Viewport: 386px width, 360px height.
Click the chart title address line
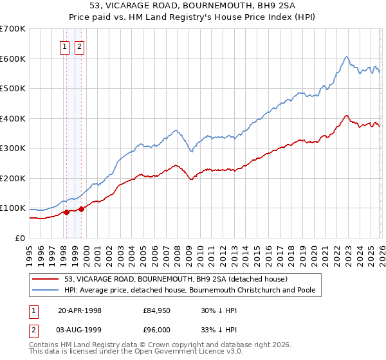[x=193, y=6]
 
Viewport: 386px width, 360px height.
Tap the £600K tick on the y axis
[x=13, y=59]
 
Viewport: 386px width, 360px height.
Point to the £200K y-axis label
[x=13, y=178]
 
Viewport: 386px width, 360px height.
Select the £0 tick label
[x=21, y=238]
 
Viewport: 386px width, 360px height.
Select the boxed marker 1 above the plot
[x=66, y=46]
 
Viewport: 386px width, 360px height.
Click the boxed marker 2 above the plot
[x=80, y=46]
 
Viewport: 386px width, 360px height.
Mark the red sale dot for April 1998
[x=66, y=213]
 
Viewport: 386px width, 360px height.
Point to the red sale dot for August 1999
[x=81, y=209]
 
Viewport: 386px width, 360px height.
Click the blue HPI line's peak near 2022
[x=346, y=57]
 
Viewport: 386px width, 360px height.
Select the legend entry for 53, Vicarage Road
[x=180, y=279]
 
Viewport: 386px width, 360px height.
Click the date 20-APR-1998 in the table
[x=80, y=310]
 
